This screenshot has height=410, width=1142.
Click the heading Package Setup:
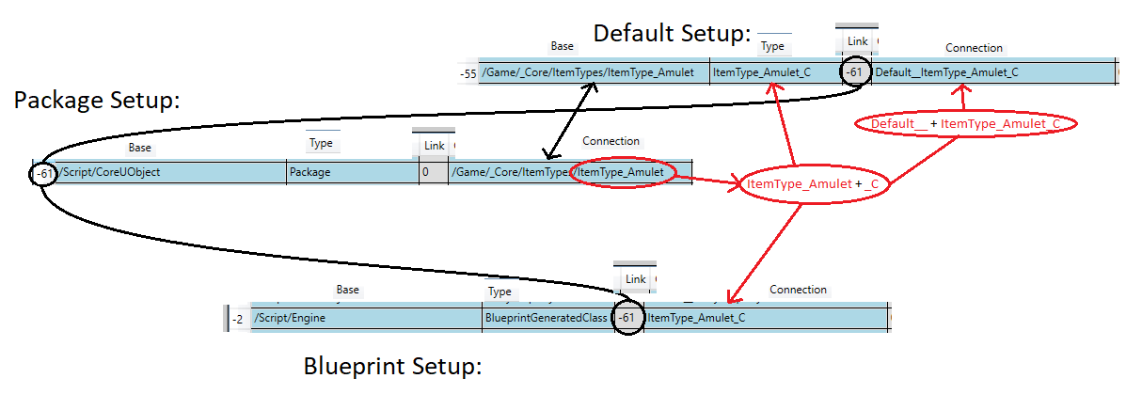[96, 101]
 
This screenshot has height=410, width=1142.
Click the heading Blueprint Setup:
[392, 367]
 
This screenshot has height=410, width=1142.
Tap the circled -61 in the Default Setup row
[853, 71]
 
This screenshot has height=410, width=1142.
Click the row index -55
[468, 73]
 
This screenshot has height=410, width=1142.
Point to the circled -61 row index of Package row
[44, 173]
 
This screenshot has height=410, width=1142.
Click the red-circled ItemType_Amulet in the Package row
[622, 172]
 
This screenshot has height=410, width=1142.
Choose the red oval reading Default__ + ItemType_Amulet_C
[966, 124]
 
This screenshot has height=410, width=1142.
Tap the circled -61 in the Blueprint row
[627, 319]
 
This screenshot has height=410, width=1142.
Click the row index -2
[238, 320]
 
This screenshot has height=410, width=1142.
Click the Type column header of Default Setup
[772, 46]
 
